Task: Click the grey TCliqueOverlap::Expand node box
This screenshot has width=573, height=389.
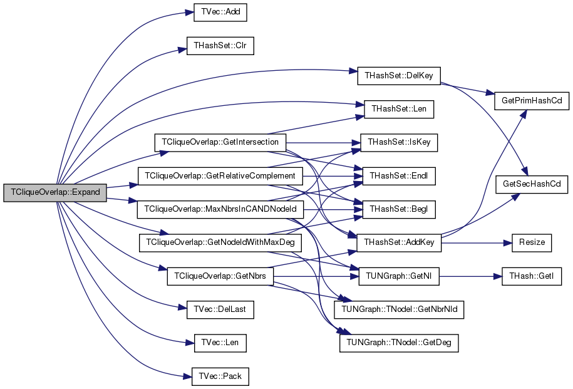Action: tap(54, 192)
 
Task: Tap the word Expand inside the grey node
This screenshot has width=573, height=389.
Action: tap(85, 192)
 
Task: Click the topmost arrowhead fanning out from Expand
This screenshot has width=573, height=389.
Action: tap(190, 12)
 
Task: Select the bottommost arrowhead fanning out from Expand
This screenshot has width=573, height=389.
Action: tap(188, 376)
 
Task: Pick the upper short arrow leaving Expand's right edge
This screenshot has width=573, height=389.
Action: tap(133, 185)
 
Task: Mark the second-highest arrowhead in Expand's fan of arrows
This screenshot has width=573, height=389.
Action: tap(183, 49)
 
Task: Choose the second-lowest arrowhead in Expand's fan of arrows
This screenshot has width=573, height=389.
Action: tap(190, 343)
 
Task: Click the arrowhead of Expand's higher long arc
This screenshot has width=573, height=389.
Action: tap(354, 71)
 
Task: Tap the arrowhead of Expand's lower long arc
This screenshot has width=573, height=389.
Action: tap(361, 104)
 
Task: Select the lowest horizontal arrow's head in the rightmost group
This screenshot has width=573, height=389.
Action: tap(498, 276)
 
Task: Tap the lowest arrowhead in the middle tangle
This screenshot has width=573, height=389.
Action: tap(346, 332)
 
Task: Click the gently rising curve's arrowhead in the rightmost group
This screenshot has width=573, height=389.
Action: tap(517, 195)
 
